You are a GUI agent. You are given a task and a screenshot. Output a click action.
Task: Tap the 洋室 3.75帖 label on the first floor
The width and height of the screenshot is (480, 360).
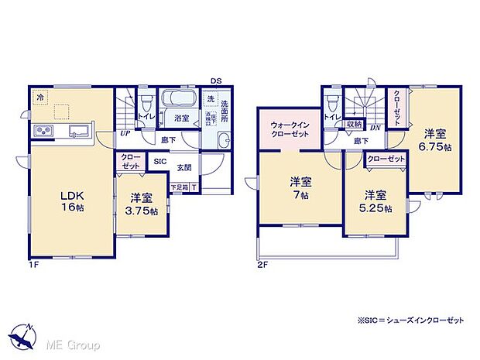click(x=142, y=204)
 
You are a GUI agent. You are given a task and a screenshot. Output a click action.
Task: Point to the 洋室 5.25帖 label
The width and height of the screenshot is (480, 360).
click(x=375, y=199)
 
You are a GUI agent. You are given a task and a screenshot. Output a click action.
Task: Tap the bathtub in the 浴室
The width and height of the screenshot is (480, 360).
click(x=180, y=102)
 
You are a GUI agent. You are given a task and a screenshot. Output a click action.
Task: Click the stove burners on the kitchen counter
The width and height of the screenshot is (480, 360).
click(x=43, y=132)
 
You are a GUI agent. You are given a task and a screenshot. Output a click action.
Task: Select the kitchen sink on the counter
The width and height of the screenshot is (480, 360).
click(x=78, y=130)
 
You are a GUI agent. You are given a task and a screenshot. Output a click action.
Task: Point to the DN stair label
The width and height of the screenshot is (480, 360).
click(x=374, y=128)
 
